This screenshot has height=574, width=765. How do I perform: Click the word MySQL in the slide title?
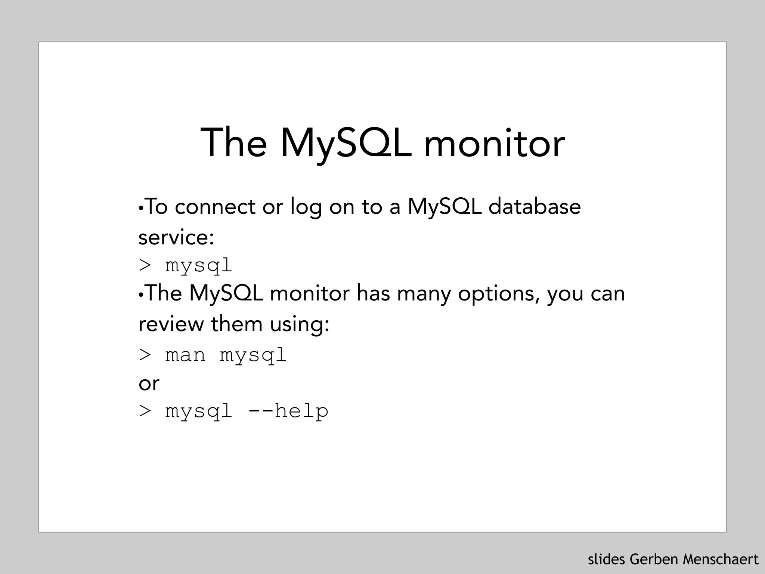(x=346, y=143)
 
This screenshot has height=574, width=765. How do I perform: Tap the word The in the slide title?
(x=234, y=143)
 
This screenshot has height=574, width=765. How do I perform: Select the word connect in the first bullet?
(x=215, y=207)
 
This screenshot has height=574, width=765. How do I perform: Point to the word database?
(x=535, y=207)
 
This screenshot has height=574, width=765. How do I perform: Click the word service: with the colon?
(x=176, y=237)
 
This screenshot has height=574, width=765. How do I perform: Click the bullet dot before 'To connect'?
(x=140, y=208)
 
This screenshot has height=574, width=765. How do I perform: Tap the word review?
(x=171, y=324)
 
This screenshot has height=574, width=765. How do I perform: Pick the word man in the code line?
(x=185, y=355)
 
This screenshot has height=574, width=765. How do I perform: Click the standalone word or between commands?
(x=149, y=383)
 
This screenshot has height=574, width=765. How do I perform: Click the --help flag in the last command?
(x=288, y=411)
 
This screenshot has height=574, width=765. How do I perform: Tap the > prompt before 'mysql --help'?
(x=145, y=411)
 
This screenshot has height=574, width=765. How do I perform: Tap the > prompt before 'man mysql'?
(x=145, y=355)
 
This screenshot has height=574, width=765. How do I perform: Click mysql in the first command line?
(x=199, y=266)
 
